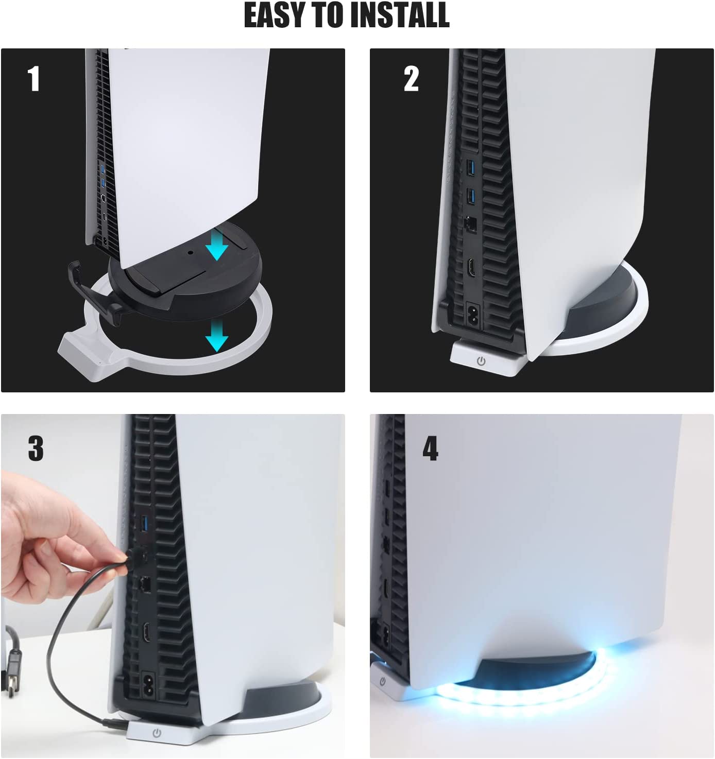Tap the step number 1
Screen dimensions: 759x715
[33, 79]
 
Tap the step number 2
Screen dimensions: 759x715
[411, 79]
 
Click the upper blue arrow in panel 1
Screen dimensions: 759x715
[216, 246]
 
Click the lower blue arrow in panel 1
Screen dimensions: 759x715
[216, 338]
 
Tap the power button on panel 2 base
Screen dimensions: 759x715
[481, 361]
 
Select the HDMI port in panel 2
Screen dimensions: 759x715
[471, 268]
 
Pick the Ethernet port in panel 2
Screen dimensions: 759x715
[470, 224]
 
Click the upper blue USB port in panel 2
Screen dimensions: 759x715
[469, 168]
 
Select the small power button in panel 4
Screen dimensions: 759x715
[383, 681]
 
